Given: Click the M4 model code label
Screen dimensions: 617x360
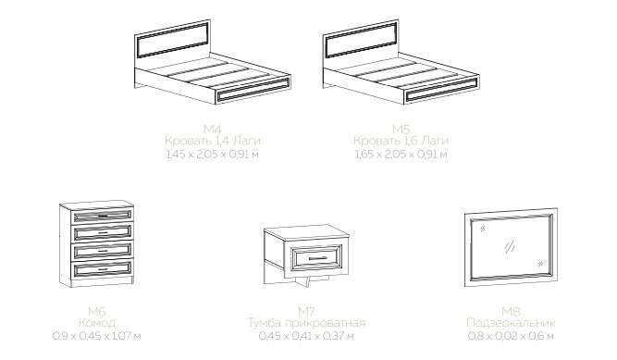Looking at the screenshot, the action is [x=213, y=129].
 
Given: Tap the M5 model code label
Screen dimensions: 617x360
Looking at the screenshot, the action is [x=401, y=129].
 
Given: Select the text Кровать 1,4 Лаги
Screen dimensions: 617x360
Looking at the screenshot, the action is [x=213, y=141].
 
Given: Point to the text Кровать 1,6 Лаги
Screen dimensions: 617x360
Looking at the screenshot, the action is [x=401, y=141].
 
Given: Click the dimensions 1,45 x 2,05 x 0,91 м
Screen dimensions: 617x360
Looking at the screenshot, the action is [x=213, y=154].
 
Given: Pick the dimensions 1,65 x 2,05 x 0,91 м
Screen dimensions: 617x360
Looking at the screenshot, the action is [x=401, y=154].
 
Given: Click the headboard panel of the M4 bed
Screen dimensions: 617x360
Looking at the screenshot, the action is [x=172, y=40].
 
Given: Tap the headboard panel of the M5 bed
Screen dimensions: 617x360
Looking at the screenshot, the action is [x=361, y=40].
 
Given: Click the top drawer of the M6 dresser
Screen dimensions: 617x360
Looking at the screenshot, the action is [x=103, y=216].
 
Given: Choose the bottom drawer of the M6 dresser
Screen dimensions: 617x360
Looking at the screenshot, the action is [x=103, y=269].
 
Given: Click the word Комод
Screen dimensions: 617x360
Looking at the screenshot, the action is [x=97, y=323].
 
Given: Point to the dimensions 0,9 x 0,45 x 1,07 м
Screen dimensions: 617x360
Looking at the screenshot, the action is [x=97, y=336].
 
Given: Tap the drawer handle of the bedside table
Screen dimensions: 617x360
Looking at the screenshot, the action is [x=317, y=258].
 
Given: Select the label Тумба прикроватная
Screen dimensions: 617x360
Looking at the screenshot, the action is [x=306, y=323].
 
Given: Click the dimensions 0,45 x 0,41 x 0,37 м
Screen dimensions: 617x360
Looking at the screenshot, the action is [x=306, y=336].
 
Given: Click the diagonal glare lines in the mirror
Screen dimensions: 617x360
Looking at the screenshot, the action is [x=510, y=246].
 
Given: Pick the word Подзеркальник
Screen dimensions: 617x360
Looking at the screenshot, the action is [x=511, y=323].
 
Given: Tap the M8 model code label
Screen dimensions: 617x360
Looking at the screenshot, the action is [x=511, y=312].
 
